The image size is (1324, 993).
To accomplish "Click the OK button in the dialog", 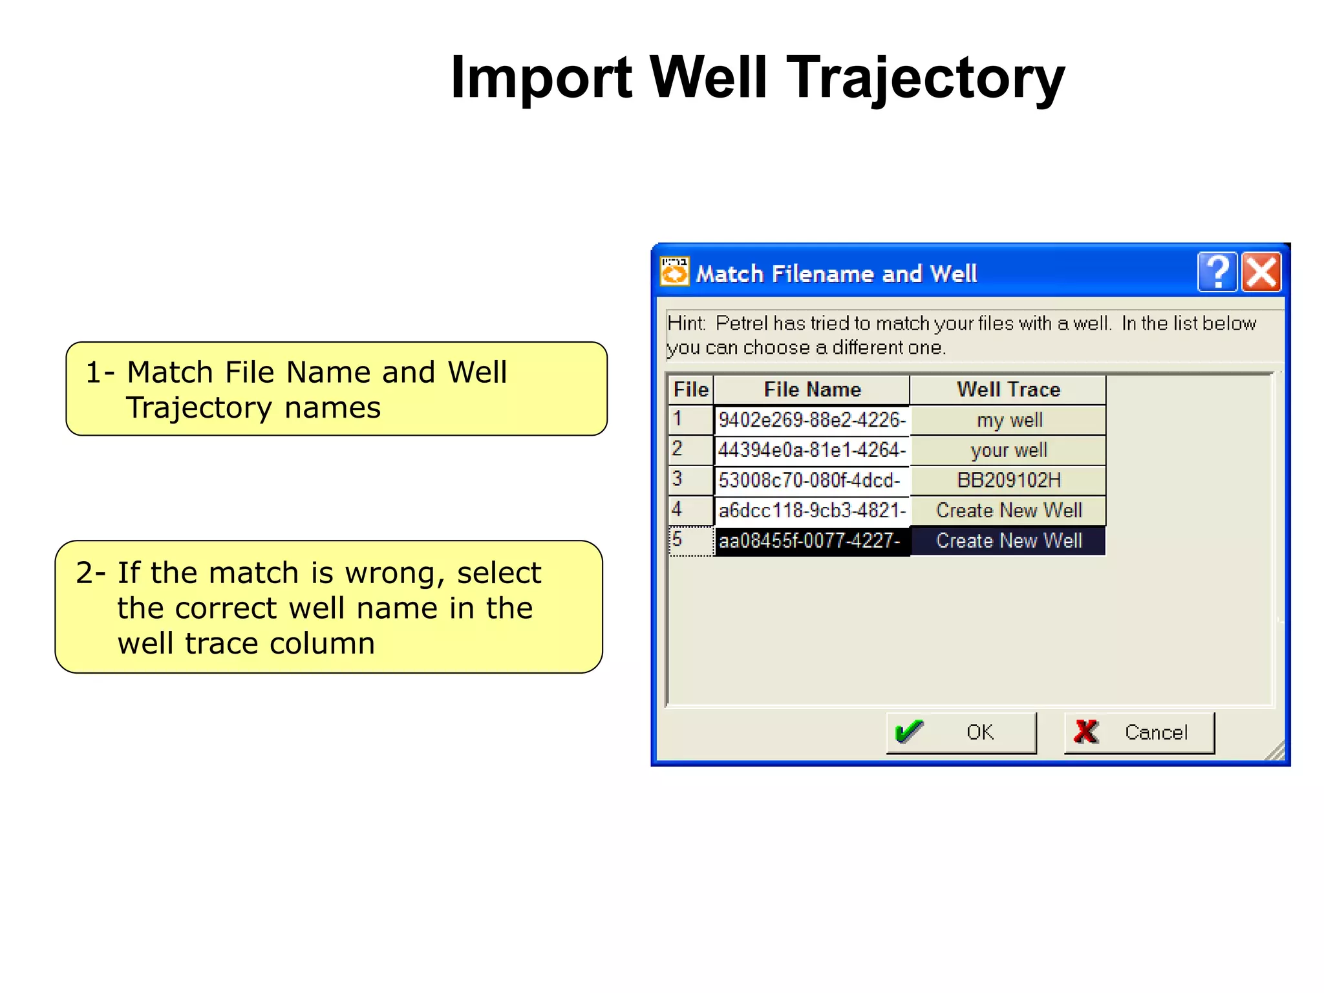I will click(x=961, y=732).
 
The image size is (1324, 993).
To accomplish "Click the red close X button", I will click(x=1261, y=272).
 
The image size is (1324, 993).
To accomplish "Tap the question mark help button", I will click(x=1218, y=272).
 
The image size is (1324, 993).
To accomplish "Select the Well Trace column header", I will click(x=1008, y=389).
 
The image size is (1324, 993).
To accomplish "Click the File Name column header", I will click(x=812, y=389).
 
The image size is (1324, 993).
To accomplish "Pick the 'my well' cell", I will click(x=1009, y=420).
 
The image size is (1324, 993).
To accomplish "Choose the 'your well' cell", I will click(x=1009, y=450).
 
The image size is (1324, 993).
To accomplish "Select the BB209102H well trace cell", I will click(x=1009, y=480).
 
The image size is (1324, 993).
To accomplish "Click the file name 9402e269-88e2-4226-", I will click(x=812, y=420).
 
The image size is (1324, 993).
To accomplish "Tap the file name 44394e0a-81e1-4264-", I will click(x=812, y=450).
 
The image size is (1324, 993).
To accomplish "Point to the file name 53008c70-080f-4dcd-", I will click(x=809, y=480).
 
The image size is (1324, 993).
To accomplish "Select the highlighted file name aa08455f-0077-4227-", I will click(x=809, y=540).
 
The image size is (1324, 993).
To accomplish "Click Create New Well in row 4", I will click(x=1009, y=511).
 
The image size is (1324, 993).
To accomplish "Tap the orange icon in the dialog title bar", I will click(x=674, y=272).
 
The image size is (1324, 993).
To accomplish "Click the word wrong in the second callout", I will click(x=396, y=573).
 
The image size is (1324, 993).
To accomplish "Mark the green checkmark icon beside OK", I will click(x=909, y=732).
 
